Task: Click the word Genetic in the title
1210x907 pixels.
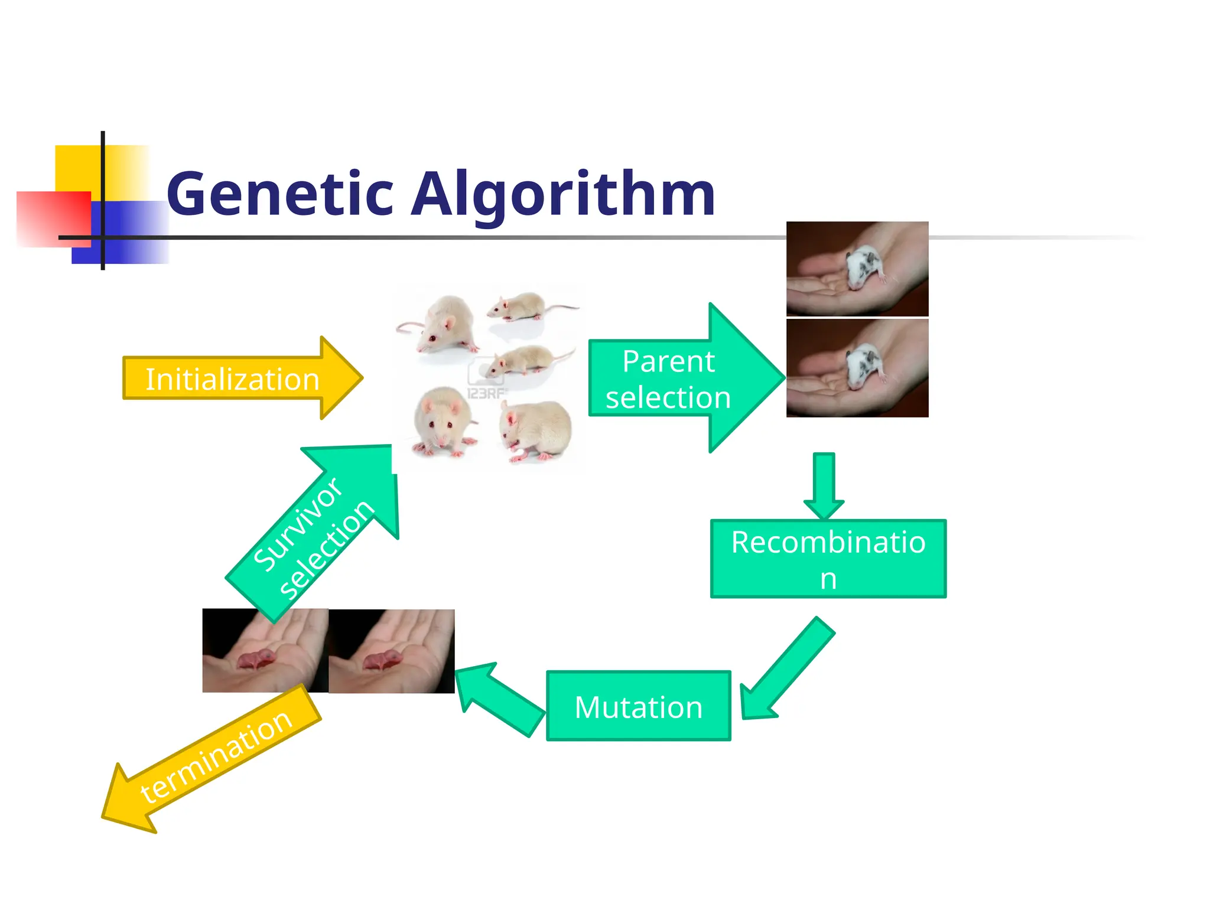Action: point(280,194)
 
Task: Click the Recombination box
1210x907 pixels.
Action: point(828,559)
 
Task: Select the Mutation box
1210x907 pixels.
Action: point(638,706)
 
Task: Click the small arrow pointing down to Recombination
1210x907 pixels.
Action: point(824,484)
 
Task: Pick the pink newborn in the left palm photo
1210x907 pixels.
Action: point(257,658)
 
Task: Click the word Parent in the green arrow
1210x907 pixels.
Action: point(668,361)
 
